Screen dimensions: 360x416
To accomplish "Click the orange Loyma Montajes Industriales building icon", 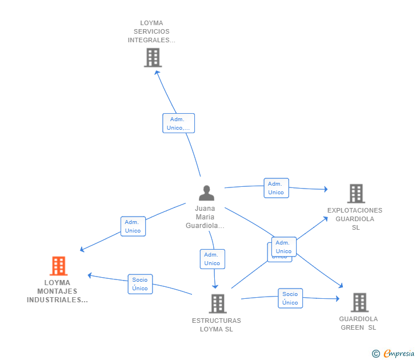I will coord(58,266).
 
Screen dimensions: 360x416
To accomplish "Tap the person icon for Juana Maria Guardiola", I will coord(206,193).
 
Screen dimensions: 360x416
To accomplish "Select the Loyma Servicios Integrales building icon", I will coord(153,57).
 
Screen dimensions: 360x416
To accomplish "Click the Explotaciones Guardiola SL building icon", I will coord(355,194).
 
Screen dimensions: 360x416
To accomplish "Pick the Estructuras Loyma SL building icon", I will coord(217,303).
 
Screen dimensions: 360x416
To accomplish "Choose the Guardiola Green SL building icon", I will coord(359,302).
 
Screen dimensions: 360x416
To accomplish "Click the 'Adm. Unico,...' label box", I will coord(178,123).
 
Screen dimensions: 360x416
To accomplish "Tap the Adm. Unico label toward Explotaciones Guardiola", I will coord(276,188).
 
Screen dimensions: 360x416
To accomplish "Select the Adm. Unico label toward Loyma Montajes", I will coord(133,226).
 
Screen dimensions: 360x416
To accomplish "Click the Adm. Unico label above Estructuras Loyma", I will coord(212,259).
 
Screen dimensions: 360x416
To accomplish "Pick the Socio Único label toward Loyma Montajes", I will coord(140,284).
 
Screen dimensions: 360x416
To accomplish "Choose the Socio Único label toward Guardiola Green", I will coord(290,298).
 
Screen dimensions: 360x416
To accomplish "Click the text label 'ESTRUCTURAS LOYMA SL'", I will coord(217,325).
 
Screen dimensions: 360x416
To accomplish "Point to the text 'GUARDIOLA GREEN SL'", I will coord(358,323).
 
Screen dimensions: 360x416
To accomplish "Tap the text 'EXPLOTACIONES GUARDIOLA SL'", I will coord(355,219).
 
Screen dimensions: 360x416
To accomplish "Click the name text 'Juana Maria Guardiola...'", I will coord(205,217).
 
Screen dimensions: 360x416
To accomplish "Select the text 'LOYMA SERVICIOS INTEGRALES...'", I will coord(151,32).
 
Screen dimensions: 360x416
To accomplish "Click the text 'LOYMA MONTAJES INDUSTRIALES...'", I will coord(57,291).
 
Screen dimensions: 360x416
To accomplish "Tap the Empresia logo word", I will coord(399,353).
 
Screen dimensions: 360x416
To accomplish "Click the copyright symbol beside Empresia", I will coord(376,354).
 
